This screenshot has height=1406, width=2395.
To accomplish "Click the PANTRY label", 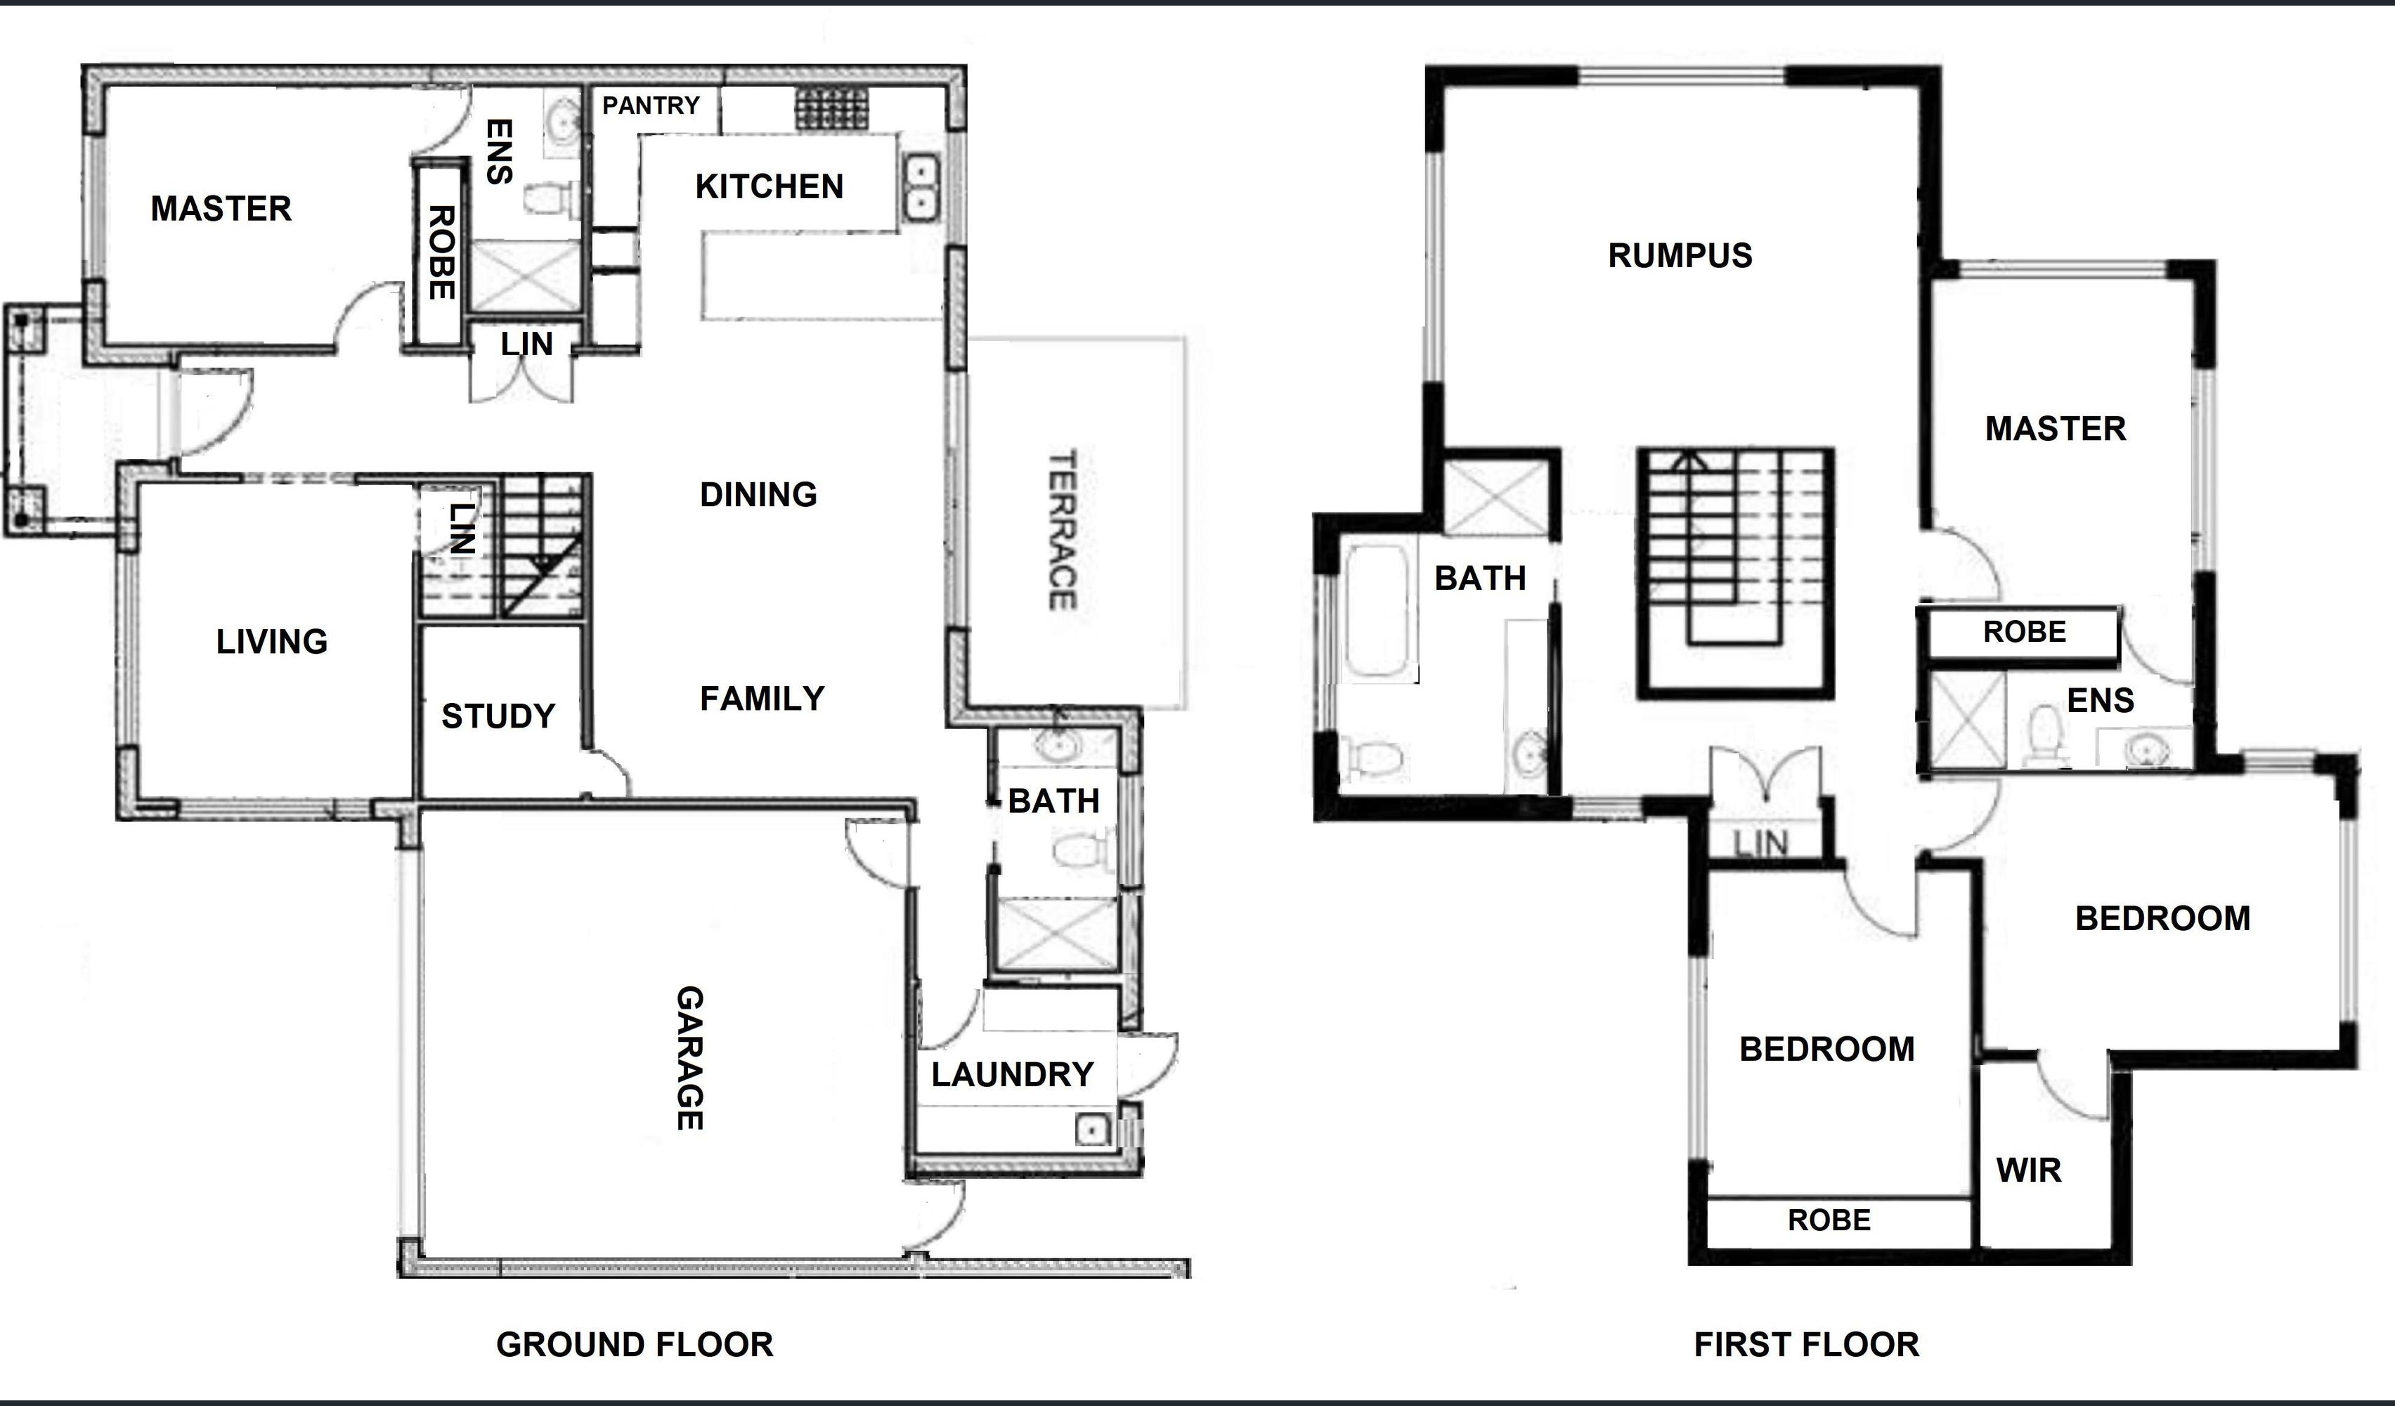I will [x=651, y=105].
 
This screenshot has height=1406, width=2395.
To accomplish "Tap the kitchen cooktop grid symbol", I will [x=831, y=110].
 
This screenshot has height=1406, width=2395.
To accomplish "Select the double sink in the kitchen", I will [x=920, y=187].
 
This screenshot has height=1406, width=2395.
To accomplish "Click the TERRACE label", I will [x=1062, y=529].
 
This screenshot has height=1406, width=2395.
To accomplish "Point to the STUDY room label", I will [x=498, y=716].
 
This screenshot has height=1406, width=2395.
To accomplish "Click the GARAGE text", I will [x=690, y=1057].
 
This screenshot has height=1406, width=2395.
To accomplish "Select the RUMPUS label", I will [x=1680, y=256].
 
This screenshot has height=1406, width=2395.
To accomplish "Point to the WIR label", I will [x=2028, y=1170].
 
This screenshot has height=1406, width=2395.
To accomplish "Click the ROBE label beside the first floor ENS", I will [x=2023, y=632].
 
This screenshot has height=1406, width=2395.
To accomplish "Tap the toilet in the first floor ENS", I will [x=2042, y=735].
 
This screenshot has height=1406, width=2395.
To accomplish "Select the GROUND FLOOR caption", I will [x=634, y=1344].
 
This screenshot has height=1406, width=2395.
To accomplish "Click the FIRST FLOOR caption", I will [x=1806, y=1344].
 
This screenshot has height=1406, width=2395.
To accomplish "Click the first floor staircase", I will [x=1734, y=570].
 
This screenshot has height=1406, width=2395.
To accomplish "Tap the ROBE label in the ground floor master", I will [x=440, y=252].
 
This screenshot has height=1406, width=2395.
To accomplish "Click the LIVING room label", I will [x=272, y=642].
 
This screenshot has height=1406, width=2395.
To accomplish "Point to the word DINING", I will [x=758, y=494].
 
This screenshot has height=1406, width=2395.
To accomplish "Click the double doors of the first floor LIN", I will [x=1765, y=778].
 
